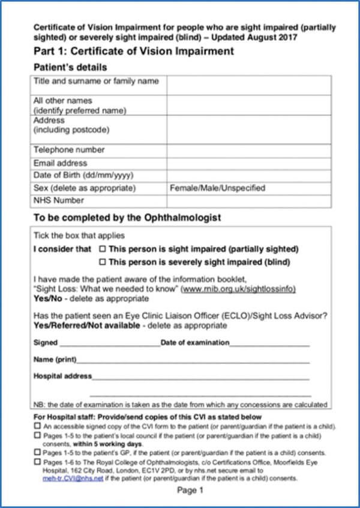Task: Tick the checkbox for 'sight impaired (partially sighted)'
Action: coord(102,249)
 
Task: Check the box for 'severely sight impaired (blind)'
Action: coord(102,262)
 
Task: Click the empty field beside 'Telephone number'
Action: coord(248,150)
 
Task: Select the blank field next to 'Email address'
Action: coord(248,163)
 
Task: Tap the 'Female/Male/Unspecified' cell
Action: coord(218,188)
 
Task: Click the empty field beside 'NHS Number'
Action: coord(248,201)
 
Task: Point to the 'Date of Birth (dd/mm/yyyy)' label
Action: coord(83,175)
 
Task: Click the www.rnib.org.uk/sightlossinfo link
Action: coord(239,289)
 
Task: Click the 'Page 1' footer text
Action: coord(190,491)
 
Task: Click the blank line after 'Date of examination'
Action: coord(269,344)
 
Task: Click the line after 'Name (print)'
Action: coord(192,360)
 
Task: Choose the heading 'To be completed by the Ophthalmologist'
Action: coord(127,217)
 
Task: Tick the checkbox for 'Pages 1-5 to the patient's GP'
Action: coord(37,453)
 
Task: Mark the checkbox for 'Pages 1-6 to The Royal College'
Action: coord(37,462)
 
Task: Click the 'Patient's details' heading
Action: coord(70,67)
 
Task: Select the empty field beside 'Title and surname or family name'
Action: coord(248,85)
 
